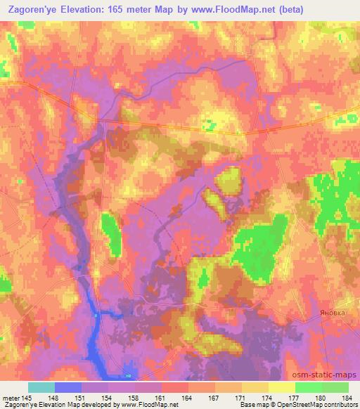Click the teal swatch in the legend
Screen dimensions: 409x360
(x=41, y=388)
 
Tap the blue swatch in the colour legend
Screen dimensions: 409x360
(x=68, y=388)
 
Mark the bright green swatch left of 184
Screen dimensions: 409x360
(x=335, y=388)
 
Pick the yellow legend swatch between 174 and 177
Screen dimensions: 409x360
(x=281, y=388)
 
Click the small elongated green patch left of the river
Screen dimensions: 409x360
(x=110, y=233)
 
